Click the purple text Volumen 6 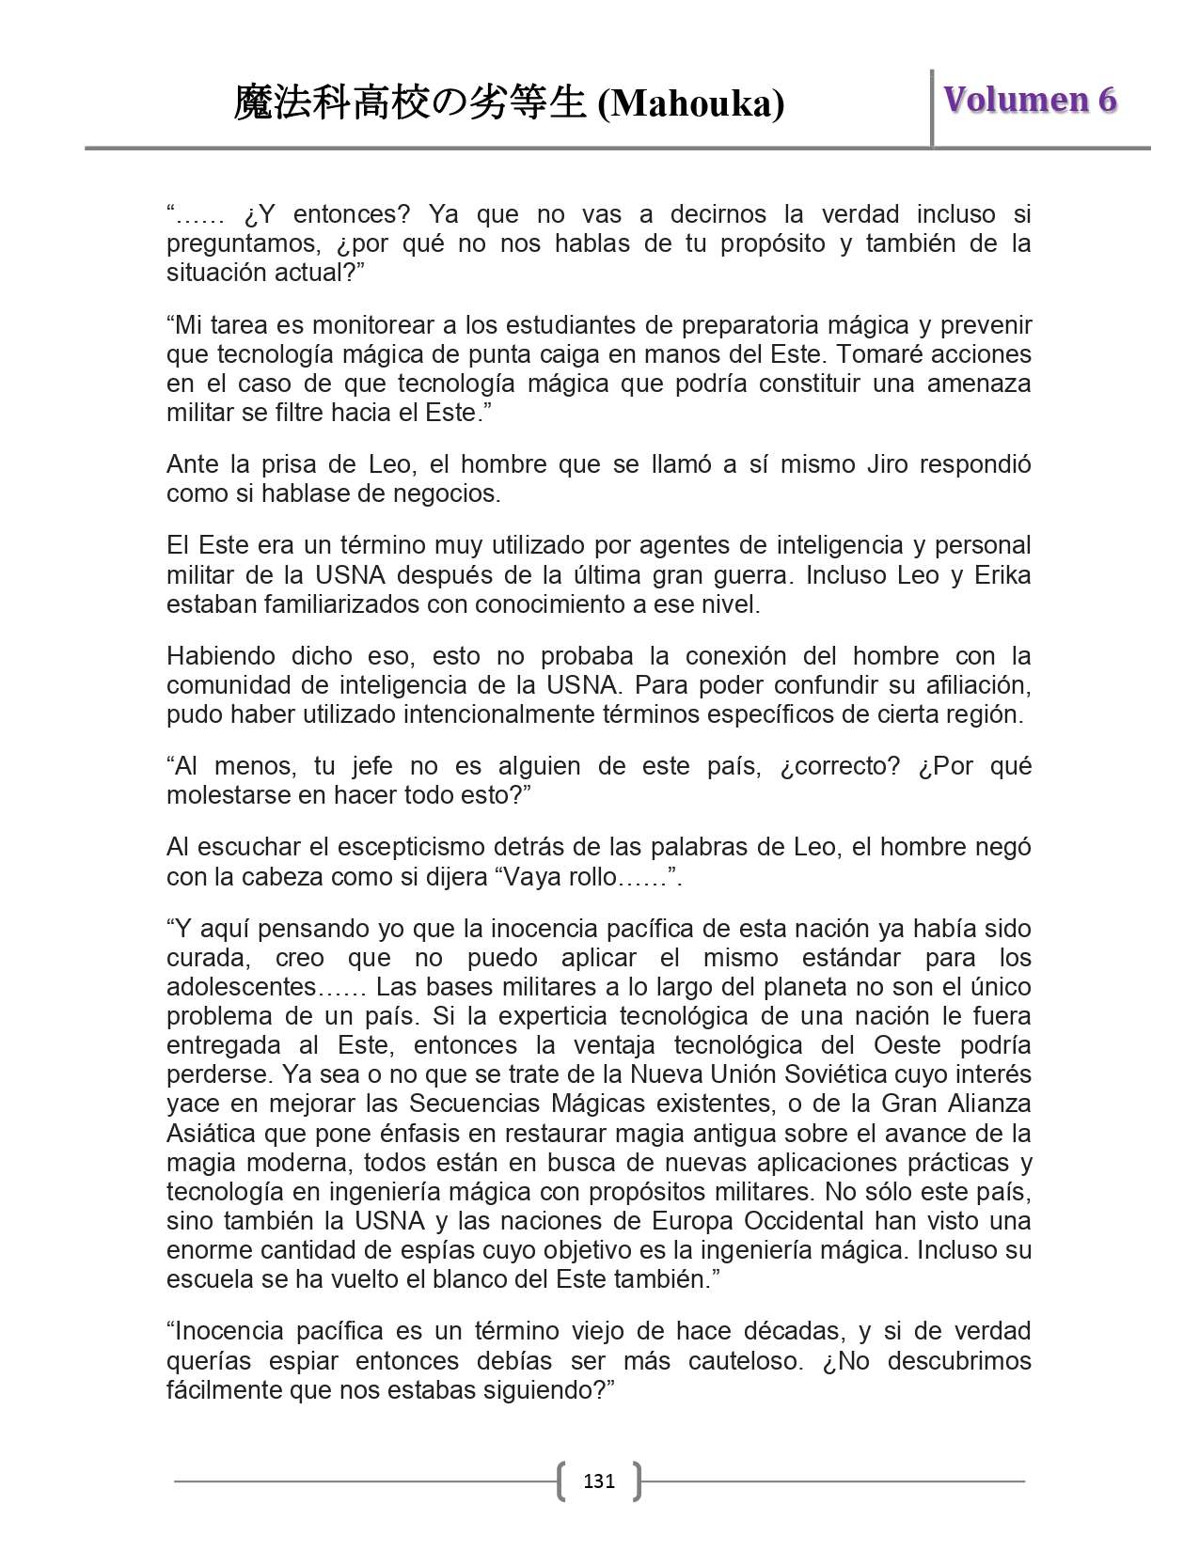pos(1030,100)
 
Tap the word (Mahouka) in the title pos(690,104)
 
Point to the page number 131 pos(599,1481)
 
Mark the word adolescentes pos(243,987)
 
